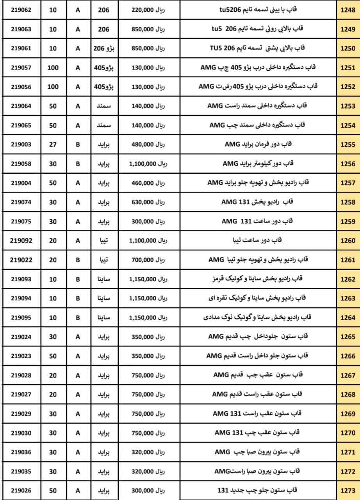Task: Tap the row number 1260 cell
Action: [348, 241]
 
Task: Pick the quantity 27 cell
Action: [53, 145]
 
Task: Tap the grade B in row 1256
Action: [78, 164]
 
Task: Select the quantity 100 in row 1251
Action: [53, 68]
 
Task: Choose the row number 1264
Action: [348, 318]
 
